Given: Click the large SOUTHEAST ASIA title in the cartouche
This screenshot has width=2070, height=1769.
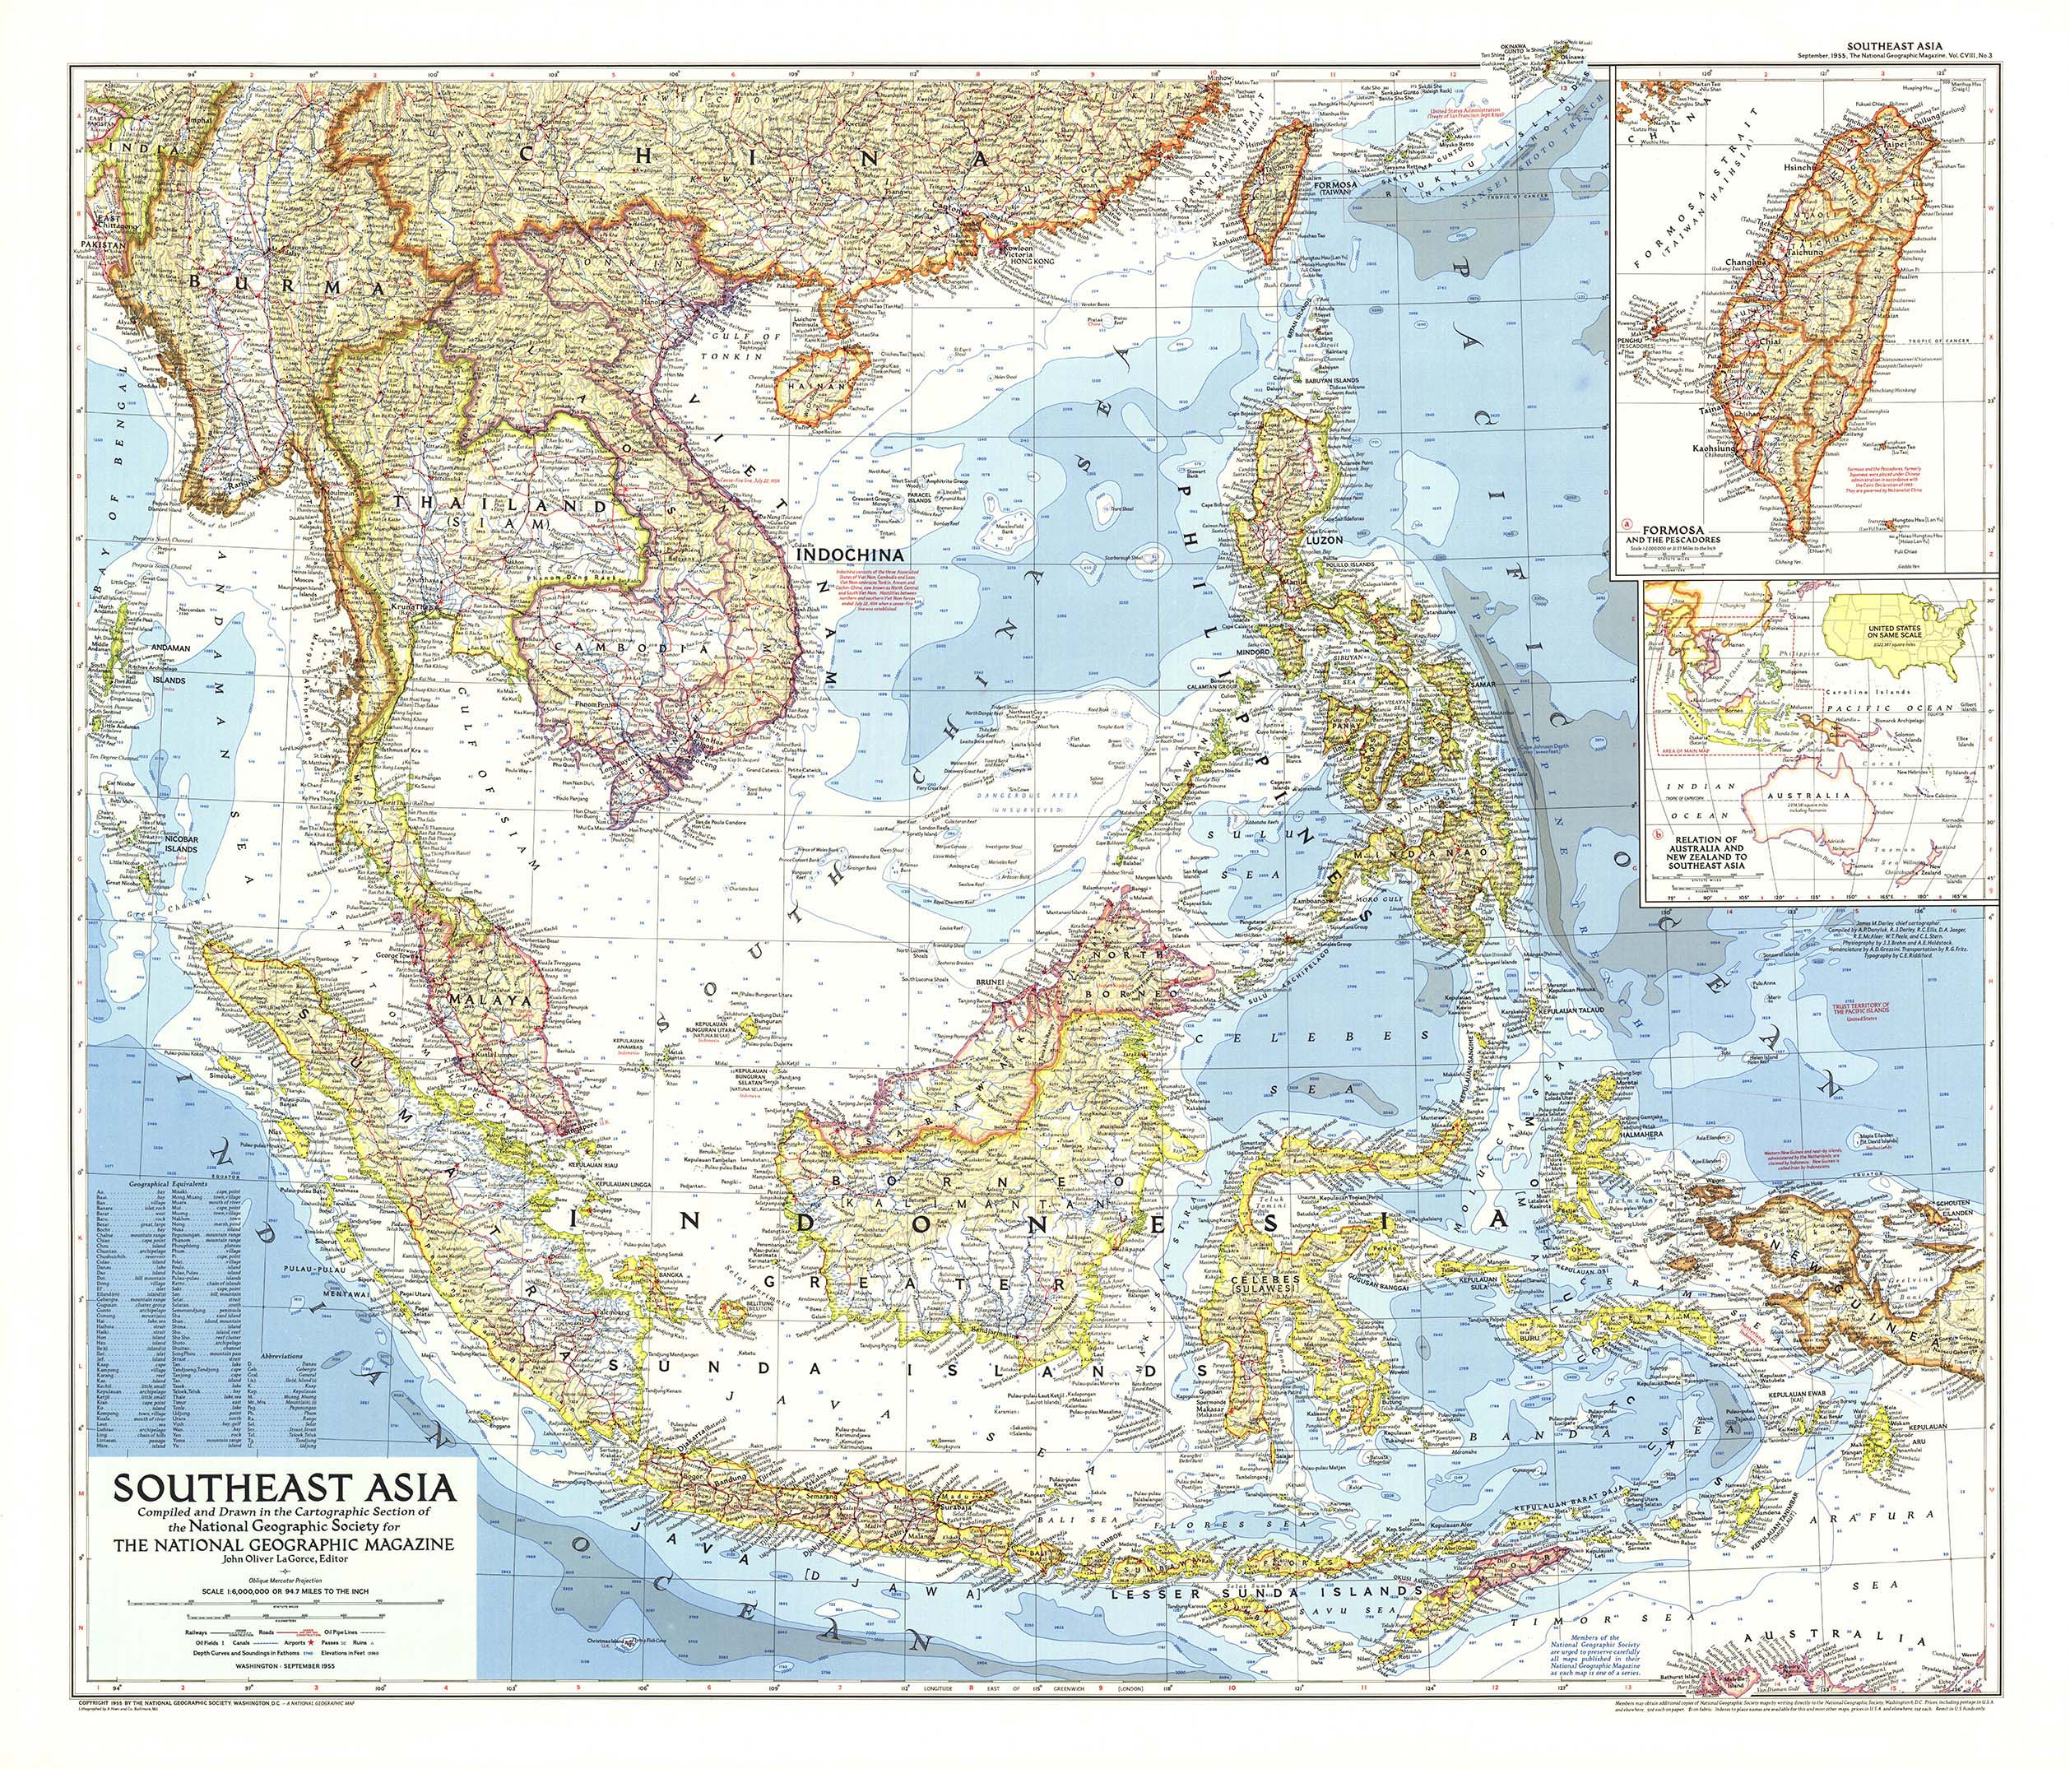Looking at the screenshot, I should click(285, 1489).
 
